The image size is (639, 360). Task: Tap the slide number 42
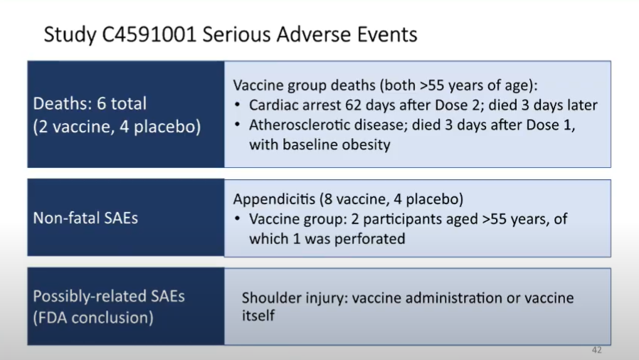[596, 351]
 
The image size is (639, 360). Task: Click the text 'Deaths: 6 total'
[90, 103]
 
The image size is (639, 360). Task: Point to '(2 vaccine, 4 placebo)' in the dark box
[117, 128]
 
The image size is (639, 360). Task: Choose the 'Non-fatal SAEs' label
[85, 218]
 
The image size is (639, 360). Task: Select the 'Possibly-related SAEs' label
[109, 296]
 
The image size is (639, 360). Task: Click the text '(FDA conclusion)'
[93, 317]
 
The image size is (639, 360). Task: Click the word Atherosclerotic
[295, 125]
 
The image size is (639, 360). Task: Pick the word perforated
[371, 238]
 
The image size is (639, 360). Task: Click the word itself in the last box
[258, 315]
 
